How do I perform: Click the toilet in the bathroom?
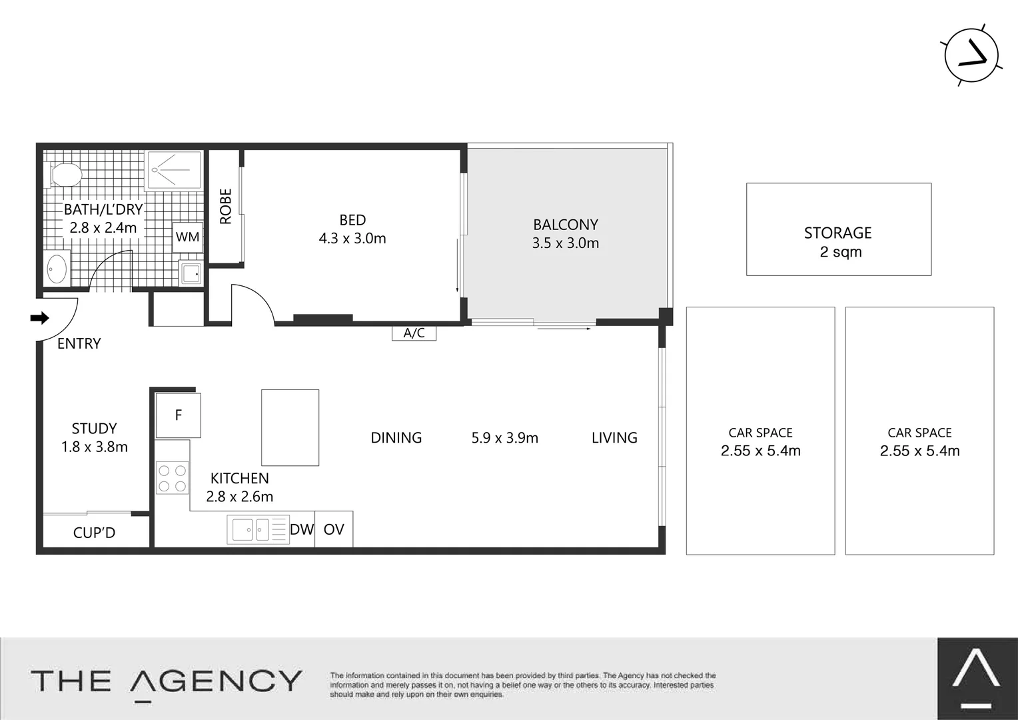[x=65, y=175]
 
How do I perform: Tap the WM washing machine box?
[x=187, y=237]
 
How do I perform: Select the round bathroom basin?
[x=57, y=270]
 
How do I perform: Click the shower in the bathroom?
[x=174, y=169]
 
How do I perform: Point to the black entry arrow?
[x=40, y=318]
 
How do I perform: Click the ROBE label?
[x=225, y=206]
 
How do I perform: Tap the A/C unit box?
[x=414, y=333]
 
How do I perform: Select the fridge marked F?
[x=178, y=415]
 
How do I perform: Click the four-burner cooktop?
[x=173, y=478]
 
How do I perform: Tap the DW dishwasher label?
[x=302, y=529]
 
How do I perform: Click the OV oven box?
[x=334, y=529]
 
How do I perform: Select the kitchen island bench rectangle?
[x=290, y=427]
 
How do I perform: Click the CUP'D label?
[x=94, y=533]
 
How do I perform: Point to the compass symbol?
[x=971, y=56]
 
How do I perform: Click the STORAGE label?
[x=837, y=233]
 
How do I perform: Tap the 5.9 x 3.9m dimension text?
[x=504, y=438]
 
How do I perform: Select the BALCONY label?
[x=565, y=225]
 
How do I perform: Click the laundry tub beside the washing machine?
[x=191, y=273]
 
